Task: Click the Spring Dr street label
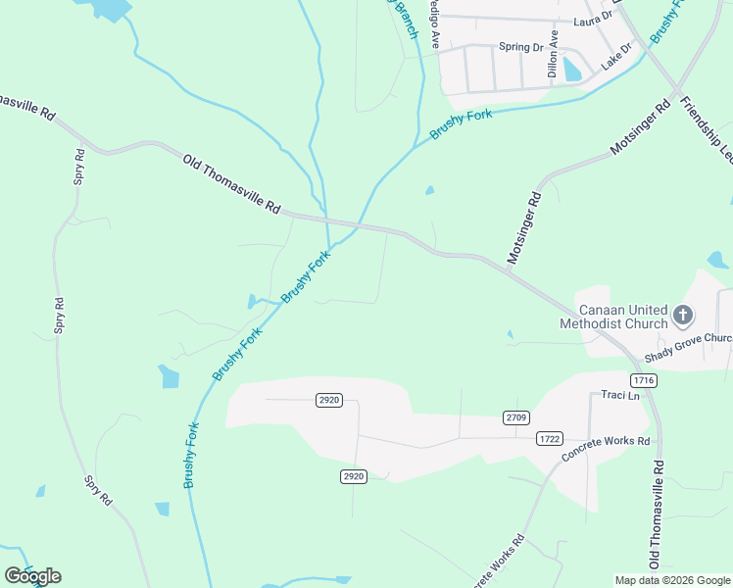pyautogui.click(x=520, y=47)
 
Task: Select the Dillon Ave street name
pyautogui.click(x=554, y=54)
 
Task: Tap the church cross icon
pyautogui.click(x=683, y=316)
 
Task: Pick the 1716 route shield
pyautogui.click(x=644, y=379)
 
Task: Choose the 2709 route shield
pyautogui.click(x=516, y=418)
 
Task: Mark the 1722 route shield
pyautogui.click(x=550, y=439)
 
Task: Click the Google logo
pyautogui.click(x=32, y=576)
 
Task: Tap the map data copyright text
pyautogui.click(x=672, y=580)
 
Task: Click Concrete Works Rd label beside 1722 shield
pyautogui.click(x=606, y=450)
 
